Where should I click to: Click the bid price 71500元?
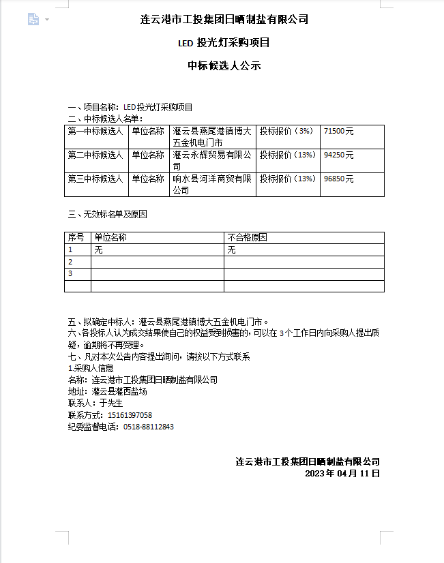(339, 131)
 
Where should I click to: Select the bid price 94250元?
(339, 155)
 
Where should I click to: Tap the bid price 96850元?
(339, 179)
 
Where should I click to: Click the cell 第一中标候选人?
(95, 131)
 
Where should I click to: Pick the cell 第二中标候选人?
(95, 155)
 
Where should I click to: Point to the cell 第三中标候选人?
(95, 179)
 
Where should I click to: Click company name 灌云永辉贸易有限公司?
(212, 161)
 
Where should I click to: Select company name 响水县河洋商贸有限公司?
(212, 185)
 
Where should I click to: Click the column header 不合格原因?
(247, 238)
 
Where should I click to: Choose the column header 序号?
(76, 238)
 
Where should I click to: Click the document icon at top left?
(33, 20)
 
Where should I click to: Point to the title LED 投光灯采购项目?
(224, 43)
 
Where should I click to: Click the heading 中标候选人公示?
(224, 66)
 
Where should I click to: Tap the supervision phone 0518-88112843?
(149, 427)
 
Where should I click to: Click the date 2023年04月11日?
(342, 473)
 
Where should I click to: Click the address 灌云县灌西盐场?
(119, 392)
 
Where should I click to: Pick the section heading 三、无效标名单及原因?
(108, 214)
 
